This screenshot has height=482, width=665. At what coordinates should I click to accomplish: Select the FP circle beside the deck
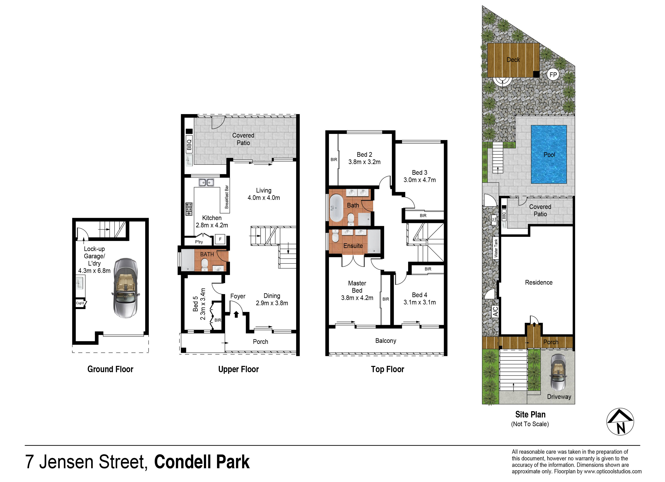click(x=553, y=75)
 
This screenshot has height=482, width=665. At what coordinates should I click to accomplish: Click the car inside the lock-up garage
click(x=126, y=288)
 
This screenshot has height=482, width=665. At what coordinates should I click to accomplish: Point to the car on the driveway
click(x=559, y=372)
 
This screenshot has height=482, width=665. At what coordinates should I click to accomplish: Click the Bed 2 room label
click(x=364, y=154)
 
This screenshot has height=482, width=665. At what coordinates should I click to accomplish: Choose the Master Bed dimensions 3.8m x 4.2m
click(x=357, y=298)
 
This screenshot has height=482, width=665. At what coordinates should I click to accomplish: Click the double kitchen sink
click(x=206, y=182)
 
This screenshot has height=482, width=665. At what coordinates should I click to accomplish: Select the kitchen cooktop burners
click(x=189, y=209)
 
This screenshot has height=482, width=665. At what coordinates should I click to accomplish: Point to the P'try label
click(x=199, y=242)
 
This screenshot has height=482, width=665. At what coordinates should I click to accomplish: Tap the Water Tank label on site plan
click(x=496, y=248)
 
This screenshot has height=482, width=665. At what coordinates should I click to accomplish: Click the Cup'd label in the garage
click(x=80, y=303)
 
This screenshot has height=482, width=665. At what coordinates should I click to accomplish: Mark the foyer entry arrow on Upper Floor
click(x=236, y=314)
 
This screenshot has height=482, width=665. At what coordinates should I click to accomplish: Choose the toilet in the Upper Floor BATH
click(x=205, y=265)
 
